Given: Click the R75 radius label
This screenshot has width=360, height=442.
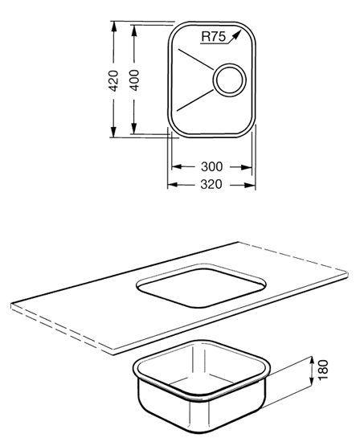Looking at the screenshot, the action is tap(214, 36).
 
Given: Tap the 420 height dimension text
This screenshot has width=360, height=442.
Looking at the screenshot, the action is tap(113, 80).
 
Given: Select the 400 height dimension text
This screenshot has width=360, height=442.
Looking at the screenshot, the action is tap(134, 80).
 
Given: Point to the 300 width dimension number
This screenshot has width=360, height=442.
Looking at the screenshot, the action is tap(211, 166).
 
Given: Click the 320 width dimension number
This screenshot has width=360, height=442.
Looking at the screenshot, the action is tap(211, 184).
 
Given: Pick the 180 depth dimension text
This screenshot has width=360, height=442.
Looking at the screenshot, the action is tap(323, 370).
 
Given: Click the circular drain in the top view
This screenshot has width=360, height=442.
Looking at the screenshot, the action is tap(229, 80).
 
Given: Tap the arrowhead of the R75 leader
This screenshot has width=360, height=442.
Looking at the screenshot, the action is tap(237, 35).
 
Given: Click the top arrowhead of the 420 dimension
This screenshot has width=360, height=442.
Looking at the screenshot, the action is tap(113, 27).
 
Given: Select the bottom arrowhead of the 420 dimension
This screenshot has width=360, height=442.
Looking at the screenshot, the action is tap(113, 132).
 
